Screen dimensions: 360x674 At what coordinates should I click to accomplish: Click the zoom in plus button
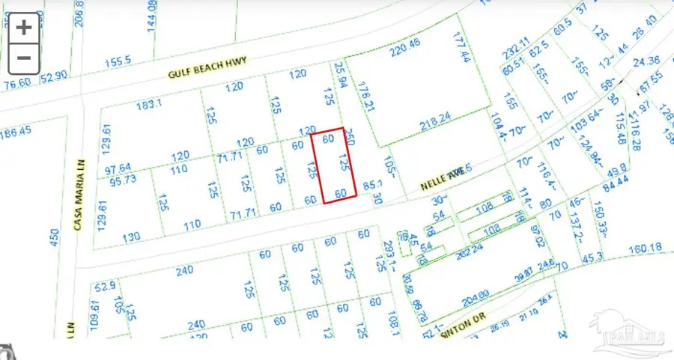[25, 28]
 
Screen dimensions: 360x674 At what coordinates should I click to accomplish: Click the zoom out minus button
[25, 57]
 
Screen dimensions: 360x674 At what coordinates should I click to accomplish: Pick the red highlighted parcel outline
[333, 165]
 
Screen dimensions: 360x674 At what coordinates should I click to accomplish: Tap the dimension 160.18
[646, 248]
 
